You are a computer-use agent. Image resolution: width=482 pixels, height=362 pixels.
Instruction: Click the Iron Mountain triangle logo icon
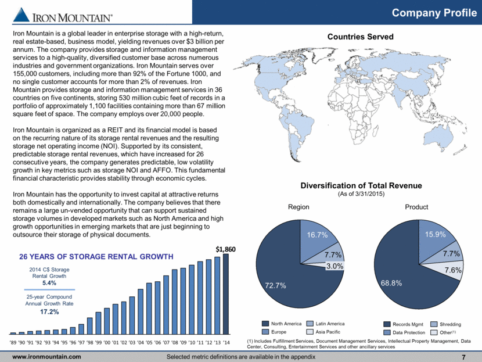pos(21,15)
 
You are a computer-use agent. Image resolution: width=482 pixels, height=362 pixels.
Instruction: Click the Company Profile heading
pos(434,13)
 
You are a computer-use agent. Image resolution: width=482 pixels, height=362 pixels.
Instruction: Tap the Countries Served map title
pos(360,37)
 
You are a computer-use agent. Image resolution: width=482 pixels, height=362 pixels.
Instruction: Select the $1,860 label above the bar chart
pos(226,249)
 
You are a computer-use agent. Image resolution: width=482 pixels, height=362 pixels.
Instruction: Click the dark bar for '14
pos(226,294)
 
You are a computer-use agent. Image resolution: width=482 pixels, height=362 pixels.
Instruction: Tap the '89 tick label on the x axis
pos(13,343)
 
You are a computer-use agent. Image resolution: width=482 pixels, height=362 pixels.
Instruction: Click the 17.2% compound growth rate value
pos(49,311)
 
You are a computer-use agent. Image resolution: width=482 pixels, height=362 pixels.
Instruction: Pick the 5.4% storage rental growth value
pos(49,282)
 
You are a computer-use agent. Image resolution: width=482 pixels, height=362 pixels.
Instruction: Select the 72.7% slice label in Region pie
pos(275,285)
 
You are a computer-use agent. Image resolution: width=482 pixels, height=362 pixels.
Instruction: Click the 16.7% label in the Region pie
pos(317,235)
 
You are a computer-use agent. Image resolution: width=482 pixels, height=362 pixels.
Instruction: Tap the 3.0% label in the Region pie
pos(334,266)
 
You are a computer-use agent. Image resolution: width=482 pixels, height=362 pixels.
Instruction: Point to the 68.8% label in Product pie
pos(391,283)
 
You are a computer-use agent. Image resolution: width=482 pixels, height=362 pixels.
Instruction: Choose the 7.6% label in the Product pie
pos(453,270)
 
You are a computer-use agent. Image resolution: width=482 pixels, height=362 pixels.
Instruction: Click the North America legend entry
pos(282,324)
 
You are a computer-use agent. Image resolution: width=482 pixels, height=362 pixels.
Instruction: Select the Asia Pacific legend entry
pos(323,332)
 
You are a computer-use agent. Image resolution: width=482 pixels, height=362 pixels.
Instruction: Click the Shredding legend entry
pos(446,324)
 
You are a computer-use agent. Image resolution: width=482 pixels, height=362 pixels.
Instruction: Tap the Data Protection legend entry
pos(405,332)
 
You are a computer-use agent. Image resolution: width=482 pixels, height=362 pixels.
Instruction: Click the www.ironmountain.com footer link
pos(46,357)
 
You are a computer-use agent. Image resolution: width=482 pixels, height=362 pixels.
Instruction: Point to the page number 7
pos(464,357)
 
